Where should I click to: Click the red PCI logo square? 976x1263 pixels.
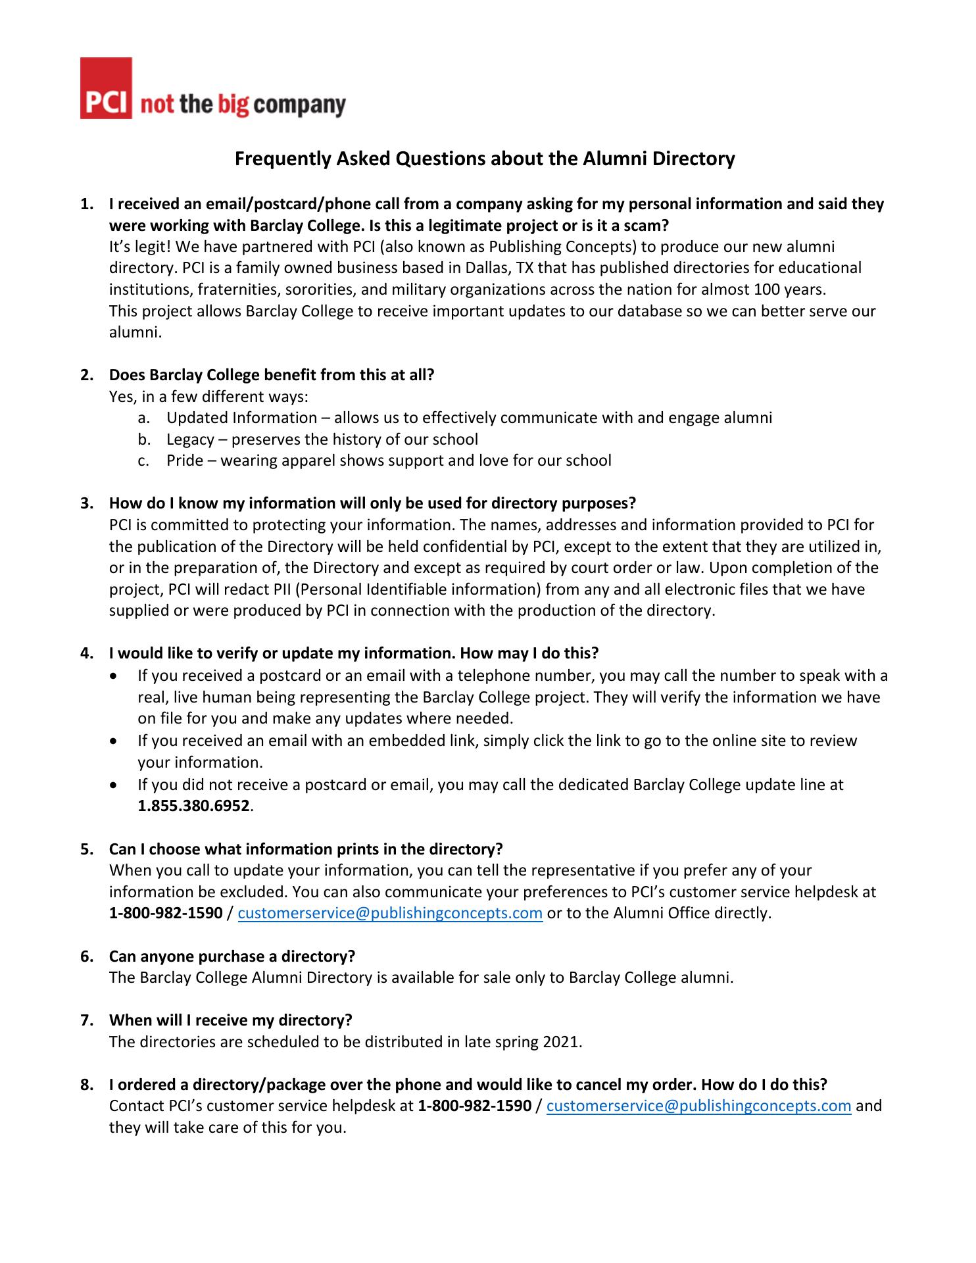106,88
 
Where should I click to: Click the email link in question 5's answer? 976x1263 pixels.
390,913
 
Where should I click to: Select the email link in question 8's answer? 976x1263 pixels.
699,1106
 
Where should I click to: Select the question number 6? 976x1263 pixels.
86,956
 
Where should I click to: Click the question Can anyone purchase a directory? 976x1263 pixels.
232,956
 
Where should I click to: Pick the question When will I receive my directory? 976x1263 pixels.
231,1020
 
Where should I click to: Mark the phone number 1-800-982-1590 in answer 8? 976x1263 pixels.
474,1106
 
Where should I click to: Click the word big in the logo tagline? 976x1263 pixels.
234,105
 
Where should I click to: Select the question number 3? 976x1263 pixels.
86,503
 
